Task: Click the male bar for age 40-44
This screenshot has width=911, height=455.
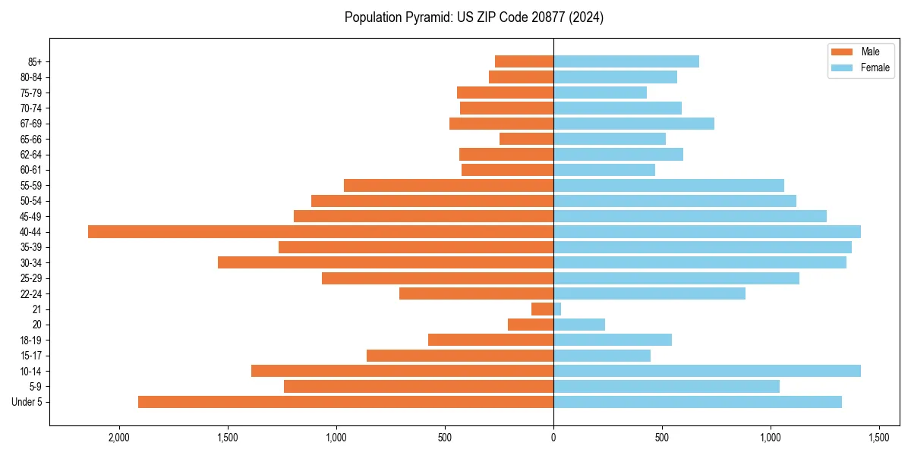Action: click(320, 232)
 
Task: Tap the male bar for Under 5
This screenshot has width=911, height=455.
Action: click(345, 402)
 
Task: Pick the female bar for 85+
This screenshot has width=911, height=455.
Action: click(626, 61)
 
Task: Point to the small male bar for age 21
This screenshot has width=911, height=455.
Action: click(542, 309)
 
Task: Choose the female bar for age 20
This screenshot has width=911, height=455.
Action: click(579, 325)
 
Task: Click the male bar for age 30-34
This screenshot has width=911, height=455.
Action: click(386, 262)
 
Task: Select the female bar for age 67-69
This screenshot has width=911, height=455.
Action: click(634, 124)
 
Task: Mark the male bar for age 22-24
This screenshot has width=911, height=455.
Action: click(476, 293)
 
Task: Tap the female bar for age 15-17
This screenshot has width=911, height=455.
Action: click(602, 356)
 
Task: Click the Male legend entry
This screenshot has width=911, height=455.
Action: click(870, 52)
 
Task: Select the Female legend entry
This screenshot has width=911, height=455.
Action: click(875, 67)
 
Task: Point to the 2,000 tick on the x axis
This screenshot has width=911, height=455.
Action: click(119, 438)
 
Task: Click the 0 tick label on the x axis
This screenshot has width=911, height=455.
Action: click(553, 438)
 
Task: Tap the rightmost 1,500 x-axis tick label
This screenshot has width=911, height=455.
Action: click(879, 438)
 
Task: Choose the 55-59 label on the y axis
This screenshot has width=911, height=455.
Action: click(31, 186)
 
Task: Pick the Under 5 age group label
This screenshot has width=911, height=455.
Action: click(27, 402)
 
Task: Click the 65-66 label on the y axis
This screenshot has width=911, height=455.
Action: click(31, 140)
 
